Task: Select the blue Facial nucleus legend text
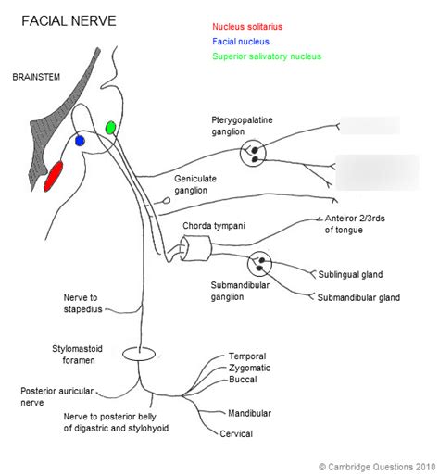240,43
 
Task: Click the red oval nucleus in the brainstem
55,176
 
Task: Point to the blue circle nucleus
80,141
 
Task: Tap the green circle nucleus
110,127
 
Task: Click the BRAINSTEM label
36,77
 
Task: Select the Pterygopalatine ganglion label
242,126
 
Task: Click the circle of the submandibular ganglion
265,264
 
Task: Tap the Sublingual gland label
349,275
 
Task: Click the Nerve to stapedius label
87,303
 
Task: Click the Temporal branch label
248,356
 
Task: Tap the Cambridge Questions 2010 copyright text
376,467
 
